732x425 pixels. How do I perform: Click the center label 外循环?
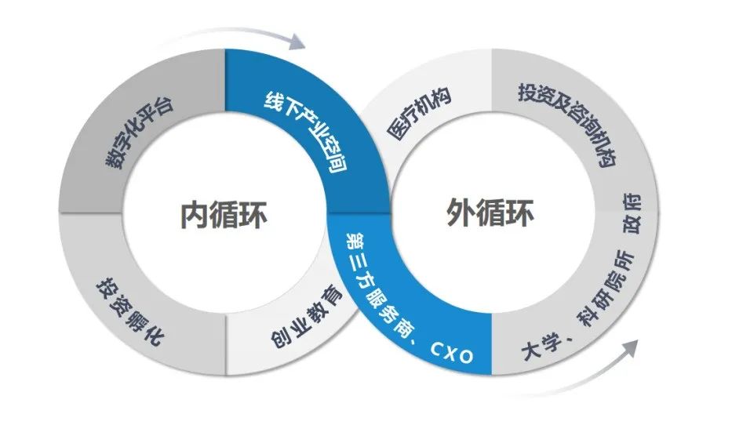tap(491, 212)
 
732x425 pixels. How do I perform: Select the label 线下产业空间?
tap(306, 133)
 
